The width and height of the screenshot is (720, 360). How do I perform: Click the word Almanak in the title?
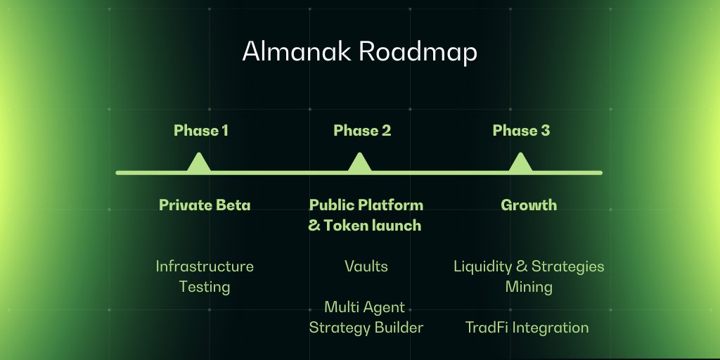297,51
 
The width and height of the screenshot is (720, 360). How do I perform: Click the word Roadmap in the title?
418,52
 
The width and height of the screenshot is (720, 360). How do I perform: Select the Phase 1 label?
200,131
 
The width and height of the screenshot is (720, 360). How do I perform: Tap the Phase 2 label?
362,131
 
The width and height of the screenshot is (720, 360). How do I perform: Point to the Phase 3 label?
521,131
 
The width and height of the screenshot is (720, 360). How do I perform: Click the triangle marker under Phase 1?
199,163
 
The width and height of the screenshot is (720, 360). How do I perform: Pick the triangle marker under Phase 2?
359,163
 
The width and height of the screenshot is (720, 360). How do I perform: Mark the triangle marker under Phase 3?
520,163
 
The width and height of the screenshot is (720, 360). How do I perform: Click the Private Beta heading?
205,205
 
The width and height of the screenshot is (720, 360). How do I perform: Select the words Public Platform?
366,205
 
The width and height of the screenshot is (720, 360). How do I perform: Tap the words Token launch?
373,226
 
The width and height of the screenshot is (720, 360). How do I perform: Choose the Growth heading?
529,205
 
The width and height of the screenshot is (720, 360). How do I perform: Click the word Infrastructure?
205,266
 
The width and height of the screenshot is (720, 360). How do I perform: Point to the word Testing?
205,288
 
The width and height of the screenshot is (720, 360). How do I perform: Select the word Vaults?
366,266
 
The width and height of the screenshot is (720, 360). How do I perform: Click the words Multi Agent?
365,308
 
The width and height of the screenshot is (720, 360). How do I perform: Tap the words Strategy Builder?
366,328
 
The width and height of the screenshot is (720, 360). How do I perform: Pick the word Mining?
529,288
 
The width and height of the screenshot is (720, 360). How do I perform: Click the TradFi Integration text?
527,328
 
